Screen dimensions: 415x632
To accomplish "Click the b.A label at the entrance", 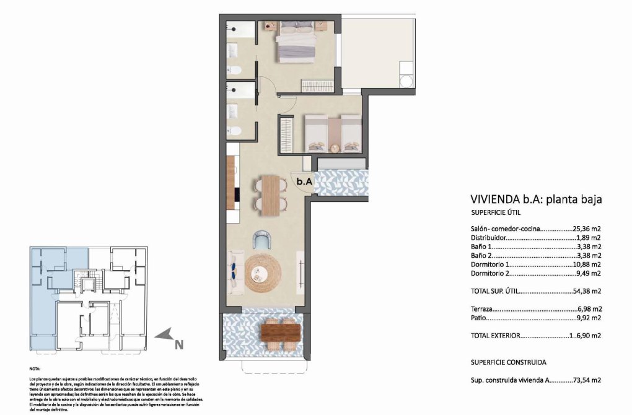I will (x=304, y=182).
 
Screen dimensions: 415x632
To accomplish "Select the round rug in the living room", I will (x=263, y=273).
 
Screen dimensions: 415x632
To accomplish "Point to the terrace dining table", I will (x=281, y=333).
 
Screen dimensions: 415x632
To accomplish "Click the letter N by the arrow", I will (x=178, y=345).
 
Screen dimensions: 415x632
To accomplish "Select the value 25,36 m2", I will (x=586, y=228).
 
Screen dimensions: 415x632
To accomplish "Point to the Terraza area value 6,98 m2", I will (x=589, y=308).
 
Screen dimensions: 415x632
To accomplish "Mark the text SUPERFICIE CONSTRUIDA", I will (x=511, y=363).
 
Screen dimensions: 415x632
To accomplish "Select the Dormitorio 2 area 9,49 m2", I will (x=588, y=273).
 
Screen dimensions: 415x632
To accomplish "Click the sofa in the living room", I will (x=236, y=271).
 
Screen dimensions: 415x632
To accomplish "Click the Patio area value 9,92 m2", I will (x=589, y=318).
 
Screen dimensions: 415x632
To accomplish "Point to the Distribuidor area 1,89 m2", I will (x=589, y=237).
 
